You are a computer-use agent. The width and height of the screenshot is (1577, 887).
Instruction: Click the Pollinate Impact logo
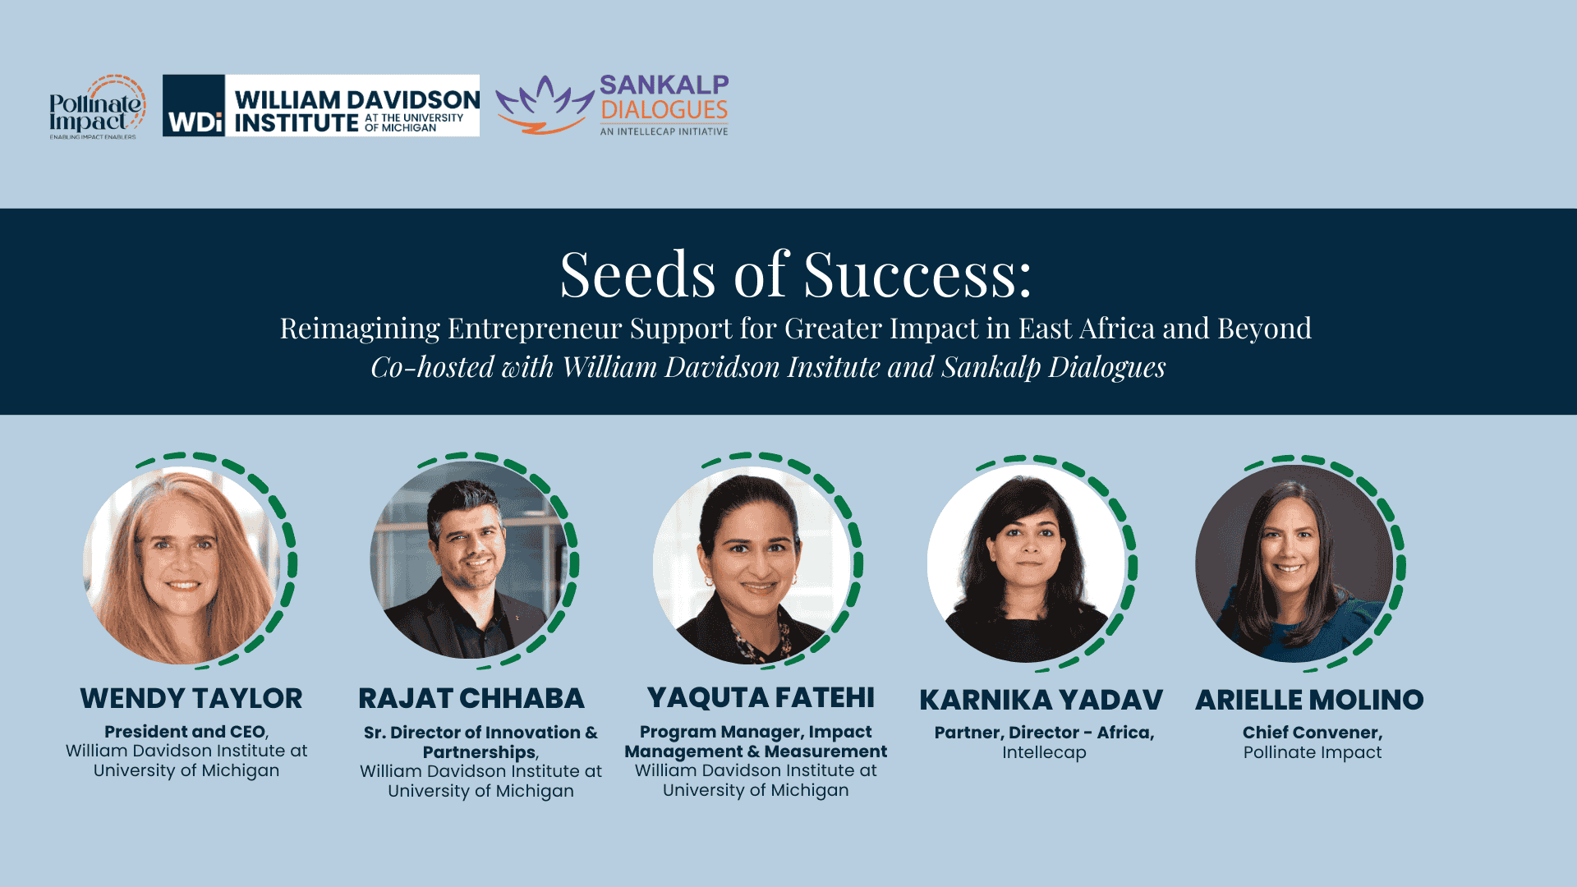(97, 107)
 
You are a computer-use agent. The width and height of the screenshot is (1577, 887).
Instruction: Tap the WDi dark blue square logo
(194, 106)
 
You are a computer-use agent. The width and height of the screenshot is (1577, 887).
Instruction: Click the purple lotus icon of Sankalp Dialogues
(545, 105)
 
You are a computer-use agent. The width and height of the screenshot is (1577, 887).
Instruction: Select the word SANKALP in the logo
(664, 85)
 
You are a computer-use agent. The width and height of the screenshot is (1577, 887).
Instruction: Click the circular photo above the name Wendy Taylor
(182, 565)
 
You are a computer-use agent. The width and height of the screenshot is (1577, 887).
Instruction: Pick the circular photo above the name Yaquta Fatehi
(752, 565)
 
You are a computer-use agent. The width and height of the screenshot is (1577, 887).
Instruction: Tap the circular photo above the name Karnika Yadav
(1026, 563)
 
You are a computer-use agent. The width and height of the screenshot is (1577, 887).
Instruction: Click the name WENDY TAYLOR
(191, 698)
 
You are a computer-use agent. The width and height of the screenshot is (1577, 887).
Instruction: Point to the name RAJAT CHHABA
(471, 698)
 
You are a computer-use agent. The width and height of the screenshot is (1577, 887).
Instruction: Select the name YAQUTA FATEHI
(761, 697)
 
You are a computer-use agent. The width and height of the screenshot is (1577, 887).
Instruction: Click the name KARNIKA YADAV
(1041, 700)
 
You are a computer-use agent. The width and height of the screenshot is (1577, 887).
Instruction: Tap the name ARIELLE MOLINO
(1309, 700)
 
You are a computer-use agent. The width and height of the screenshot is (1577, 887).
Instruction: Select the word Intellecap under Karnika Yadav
(1044, 752)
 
